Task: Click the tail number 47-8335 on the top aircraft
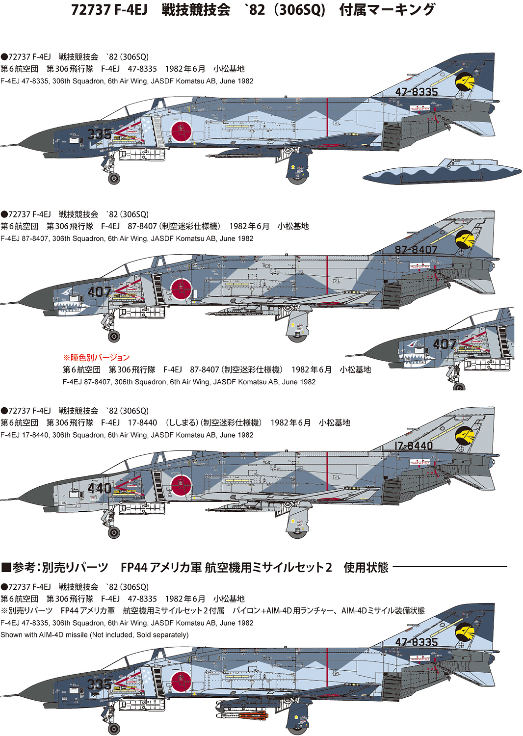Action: [x=416, y=92]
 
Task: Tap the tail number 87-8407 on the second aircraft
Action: [x=416, y=249]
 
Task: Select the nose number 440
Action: [x=99, y=488]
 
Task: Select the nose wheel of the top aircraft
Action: [x=114, y=178]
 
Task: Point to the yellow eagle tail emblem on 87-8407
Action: [x=464, y=239]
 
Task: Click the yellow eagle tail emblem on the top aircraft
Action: [x=464, y=81]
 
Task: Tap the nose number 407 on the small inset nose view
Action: [x=445, y=344]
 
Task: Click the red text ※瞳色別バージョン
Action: [x=96, y=357]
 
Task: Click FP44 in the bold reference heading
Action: [x=133, y=568]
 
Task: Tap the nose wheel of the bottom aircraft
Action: [x=114, y=728]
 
